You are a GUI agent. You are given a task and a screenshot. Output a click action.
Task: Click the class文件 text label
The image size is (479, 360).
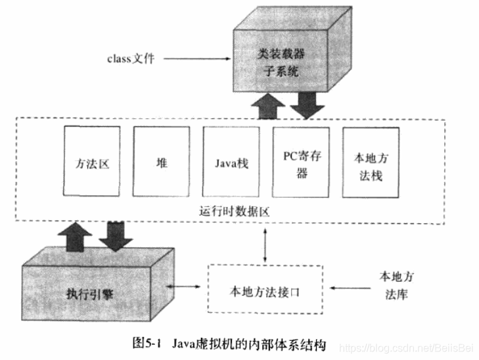coord(131,58)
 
